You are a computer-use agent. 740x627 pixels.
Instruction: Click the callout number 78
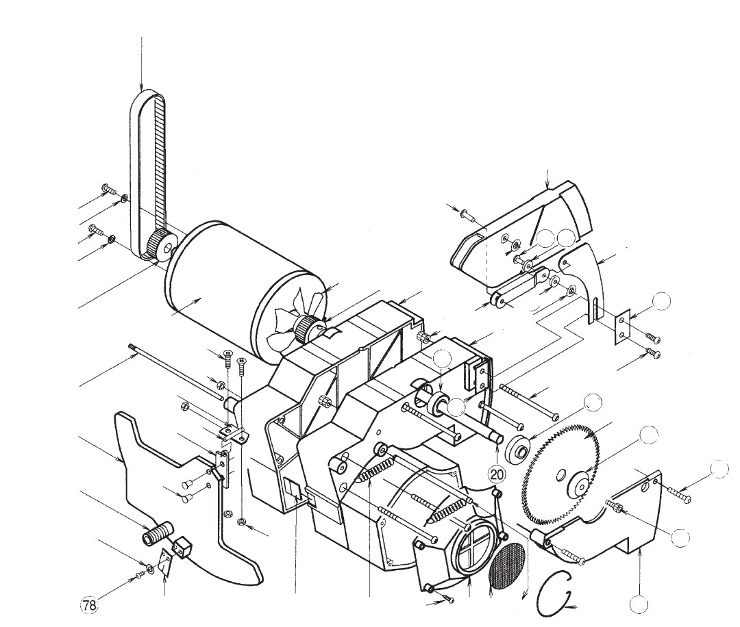(89, 605)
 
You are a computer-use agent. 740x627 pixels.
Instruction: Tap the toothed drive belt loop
(147, 175)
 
